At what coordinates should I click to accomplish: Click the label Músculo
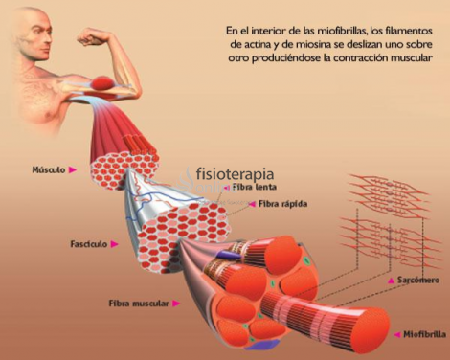click(48, 169)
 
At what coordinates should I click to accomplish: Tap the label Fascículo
click(89, 243)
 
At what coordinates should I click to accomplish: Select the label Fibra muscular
click(138, 304)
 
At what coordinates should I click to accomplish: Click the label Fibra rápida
click(276, 204)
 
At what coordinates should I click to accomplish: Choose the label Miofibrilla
click(421, 334)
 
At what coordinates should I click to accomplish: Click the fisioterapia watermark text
click(235, 175)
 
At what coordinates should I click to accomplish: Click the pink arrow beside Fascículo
click(114, 244)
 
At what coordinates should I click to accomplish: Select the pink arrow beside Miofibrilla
click(394, 334)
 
